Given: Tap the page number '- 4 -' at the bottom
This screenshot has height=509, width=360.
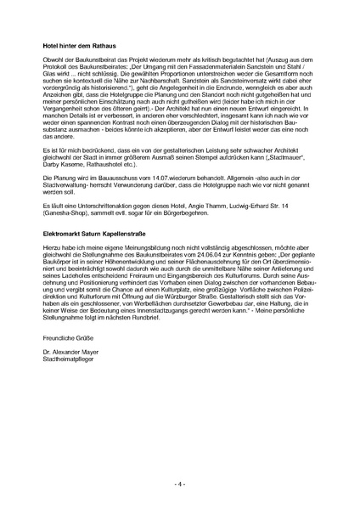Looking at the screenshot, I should (179, 484).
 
